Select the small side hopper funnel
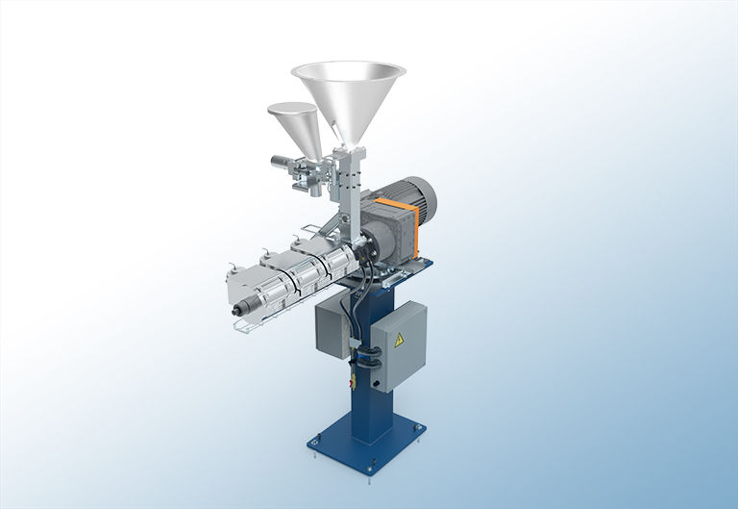pyautogui.click(x=294, y=125)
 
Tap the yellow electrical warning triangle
pyautogui.click(x=396, y=340)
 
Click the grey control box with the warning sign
pyautogui.click(x=396, y=345)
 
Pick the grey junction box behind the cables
pyautogui.click(x=335, y=322)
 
